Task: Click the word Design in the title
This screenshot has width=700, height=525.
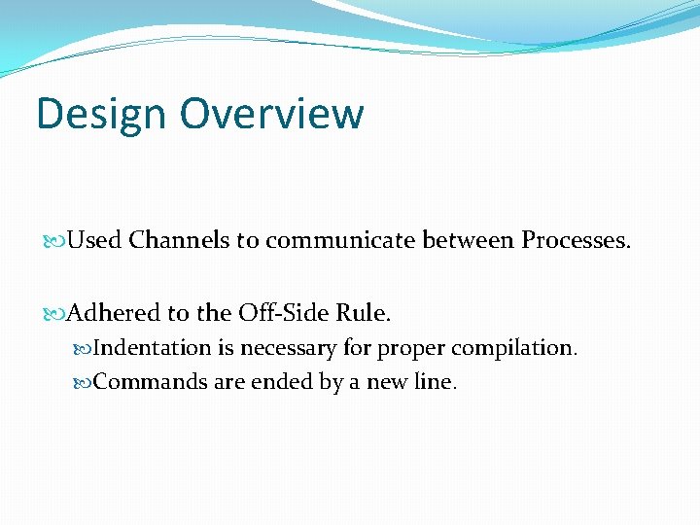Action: pyautogui.click(x=101, y=114)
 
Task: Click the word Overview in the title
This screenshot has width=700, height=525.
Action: pyautogui.click(x=271, y=114)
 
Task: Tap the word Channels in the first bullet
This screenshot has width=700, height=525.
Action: pyautogui.click(x=179, y=240)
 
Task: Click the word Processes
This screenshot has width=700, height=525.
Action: pyautogui.click(x=577, y=240)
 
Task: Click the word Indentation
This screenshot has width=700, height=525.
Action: pyautogui.click(x=153, y=348)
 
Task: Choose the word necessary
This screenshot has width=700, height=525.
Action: pyautogui.click(x=289, y=348)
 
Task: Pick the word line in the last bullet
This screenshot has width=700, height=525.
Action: pyautogui.click(x=434, y=382)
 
